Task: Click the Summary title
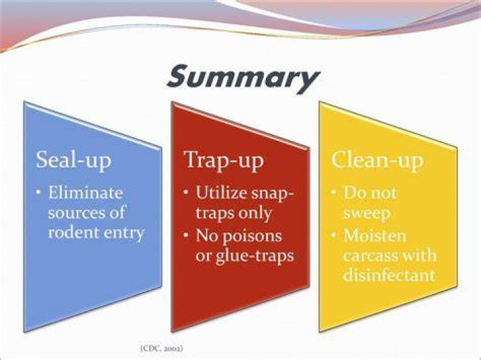pos(243,78)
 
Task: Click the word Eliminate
pos(86,192)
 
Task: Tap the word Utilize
pos(221,192)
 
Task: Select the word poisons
pos(252,236)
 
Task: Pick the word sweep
pos(367,214)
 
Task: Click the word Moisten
pos(375,235)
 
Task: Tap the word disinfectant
pos(389,275)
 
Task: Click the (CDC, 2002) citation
pos(162,349)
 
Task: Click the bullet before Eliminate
pos(38,192)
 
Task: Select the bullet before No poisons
pos(186,236)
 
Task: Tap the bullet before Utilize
pos(186,192)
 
